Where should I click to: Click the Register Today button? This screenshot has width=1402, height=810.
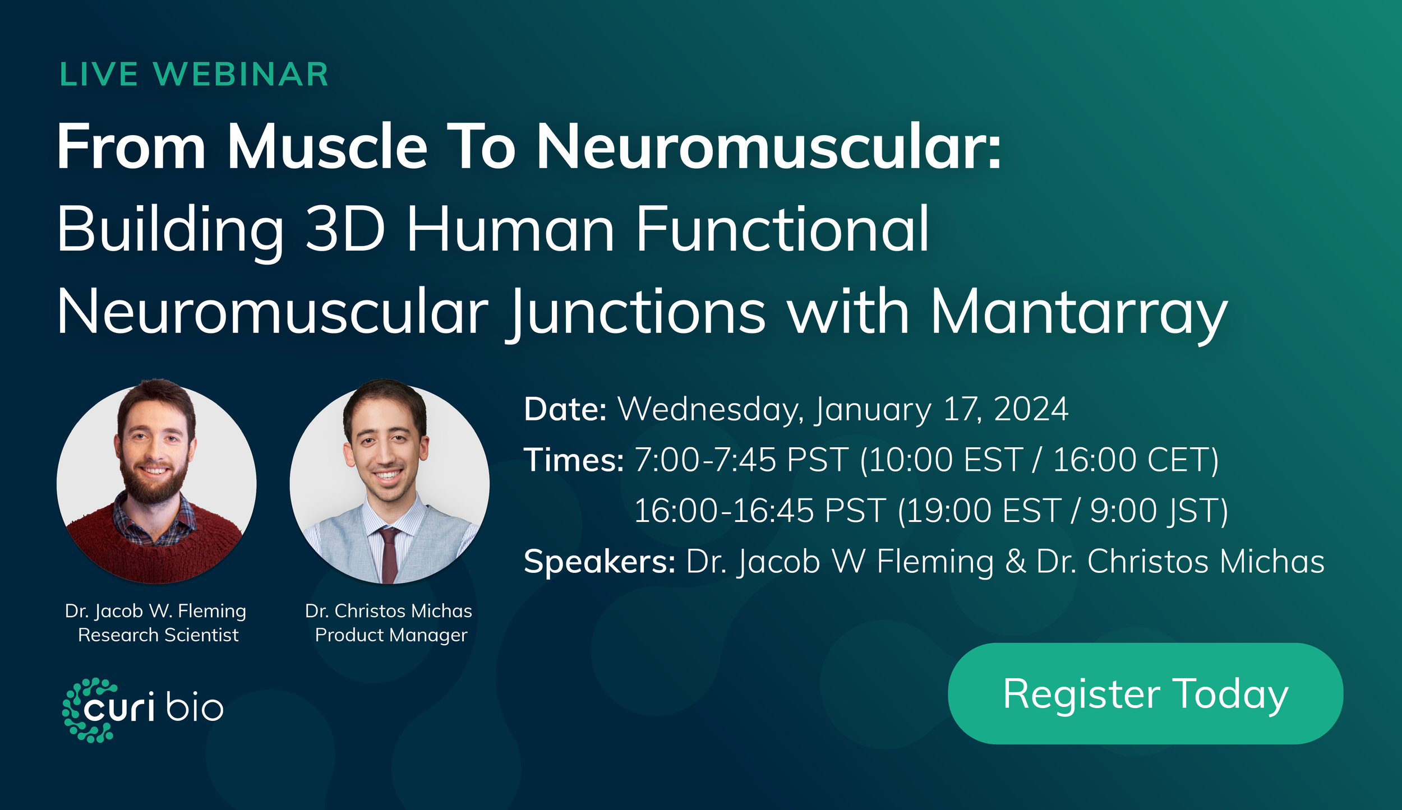[x=1145, y=693]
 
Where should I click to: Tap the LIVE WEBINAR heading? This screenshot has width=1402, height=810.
[x=194, y=75]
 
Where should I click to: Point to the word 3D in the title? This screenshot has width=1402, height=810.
[x=345, y=230]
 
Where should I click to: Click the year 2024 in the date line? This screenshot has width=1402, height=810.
[x=1031, y=409]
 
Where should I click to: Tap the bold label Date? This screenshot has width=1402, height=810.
[x=565, y=409]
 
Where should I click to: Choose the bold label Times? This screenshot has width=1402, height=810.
[x=573, y=460]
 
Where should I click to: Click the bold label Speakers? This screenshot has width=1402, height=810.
[x=599, y=562]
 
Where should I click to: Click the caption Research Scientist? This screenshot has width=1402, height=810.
[x=158, y=635]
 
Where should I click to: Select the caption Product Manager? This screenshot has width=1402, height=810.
[x=391, y=635]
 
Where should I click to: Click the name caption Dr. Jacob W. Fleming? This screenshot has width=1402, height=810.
[x=155, y=610]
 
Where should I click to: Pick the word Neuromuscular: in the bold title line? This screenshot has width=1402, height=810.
[x=768, y=147]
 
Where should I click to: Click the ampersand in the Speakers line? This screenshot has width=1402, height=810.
[x=1014, y=562]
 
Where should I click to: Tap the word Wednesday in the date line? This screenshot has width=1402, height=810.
[x=711, y=409]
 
